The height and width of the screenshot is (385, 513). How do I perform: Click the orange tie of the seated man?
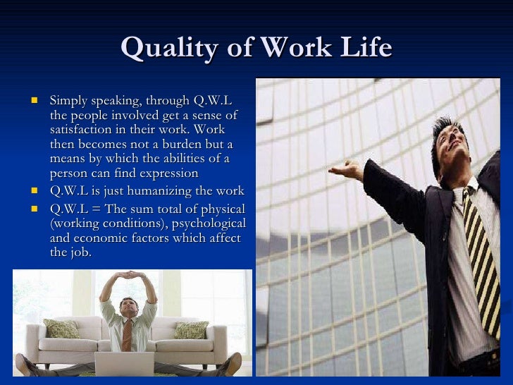coord(127,336)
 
